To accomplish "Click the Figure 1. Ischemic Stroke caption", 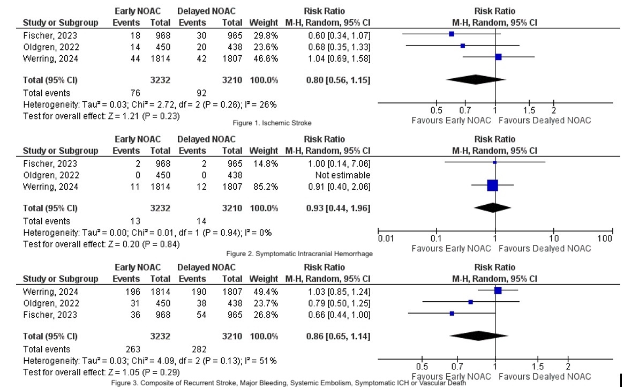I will [272, 123].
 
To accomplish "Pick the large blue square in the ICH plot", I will [492, 185].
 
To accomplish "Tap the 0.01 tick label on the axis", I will [385, 238].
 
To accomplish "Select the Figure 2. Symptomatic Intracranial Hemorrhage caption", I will [299, 254].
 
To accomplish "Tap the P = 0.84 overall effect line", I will [102, 244].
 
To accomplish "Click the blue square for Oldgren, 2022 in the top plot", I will [463, 46].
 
